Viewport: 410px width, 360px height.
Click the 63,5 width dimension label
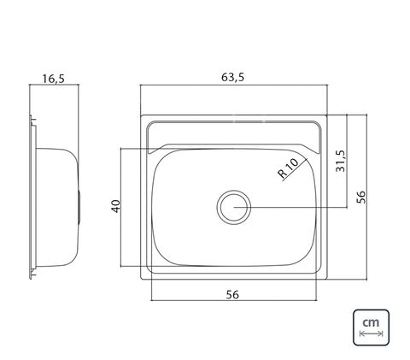pos(233,78)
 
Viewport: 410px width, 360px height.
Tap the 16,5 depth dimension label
pos(54,79)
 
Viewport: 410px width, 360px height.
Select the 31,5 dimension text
pos(340,161)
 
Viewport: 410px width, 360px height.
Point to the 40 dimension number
pos(116,206)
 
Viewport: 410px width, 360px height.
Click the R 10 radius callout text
pos(288,168)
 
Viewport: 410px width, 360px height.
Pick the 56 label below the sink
pos(232,294)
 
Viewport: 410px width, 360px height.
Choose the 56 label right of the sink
pos(360,197)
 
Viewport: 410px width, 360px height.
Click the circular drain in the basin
pos(234,207)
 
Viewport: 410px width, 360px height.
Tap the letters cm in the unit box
pos(371,322)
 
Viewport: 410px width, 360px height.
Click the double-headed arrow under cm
pos(371,333)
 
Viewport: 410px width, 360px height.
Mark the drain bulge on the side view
pos(79,206)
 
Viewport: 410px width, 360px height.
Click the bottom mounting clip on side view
pos(33,273)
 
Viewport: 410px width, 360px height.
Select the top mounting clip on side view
pos(33,121)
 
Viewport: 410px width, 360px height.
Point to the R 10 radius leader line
pos(295,170)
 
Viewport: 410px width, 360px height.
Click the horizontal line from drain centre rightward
pos(290,208)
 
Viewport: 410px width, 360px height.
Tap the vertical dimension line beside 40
pos(121,207)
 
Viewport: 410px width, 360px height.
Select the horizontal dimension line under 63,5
pos(234,85)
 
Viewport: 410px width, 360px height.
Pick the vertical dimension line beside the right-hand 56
pos(366,197)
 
